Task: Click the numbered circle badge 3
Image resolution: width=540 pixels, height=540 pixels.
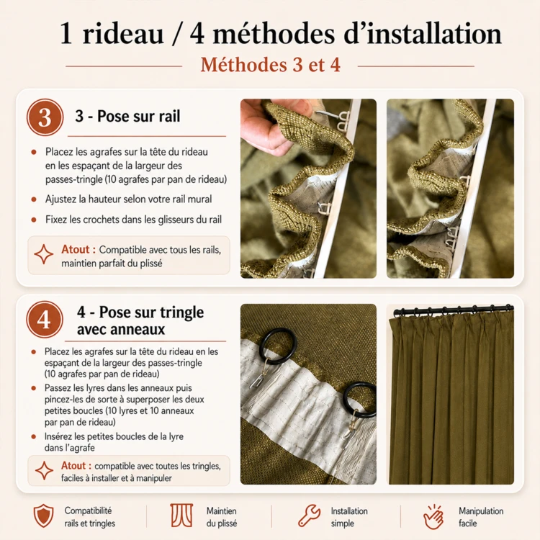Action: (x=45, y=117)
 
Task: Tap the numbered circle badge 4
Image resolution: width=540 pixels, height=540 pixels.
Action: (x=45, y=319)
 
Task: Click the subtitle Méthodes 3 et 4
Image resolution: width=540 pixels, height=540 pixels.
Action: (x=270, y=65)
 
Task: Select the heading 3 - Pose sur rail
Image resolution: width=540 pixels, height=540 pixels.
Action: (x=127, y=116)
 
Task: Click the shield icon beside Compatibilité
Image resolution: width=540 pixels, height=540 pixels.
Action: (x=43, y=516)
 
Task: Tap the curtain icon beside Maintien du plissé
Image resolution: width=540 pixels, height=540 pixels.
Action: (x=182, y=516)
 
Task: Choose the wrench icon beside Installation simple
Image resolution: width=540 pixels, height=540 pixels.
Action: (x=309, y=516)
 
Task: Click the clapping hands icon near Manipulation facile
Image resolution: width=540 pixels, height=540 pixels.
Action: (x=433, y=516)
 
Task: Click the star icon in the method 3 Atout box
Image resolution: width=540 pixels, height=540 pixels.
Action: (x=44, y=254)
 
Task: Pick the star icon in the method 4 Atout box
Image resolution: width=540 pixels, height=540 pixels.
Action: (x=44, y=470)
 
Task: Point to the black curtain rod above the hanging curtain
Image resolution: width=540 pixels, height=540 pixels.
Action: (x=453, y=310)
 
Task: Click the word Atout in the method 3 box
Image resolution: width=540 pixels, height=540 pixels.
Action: (x=76, y=249)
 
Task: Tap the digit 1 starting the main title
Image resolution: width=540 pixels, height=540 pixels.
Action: (x=66, y=35)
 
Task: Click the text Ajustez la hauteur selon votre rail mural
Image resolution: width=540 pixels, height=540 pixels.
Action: (x=128, y=199)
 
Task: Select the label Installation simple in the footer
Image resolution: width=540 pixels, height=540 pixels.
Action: (x=349, y=517)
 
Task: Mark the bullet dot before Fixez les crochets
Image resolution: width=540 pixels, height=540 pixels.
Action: (x=34, y=220)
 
